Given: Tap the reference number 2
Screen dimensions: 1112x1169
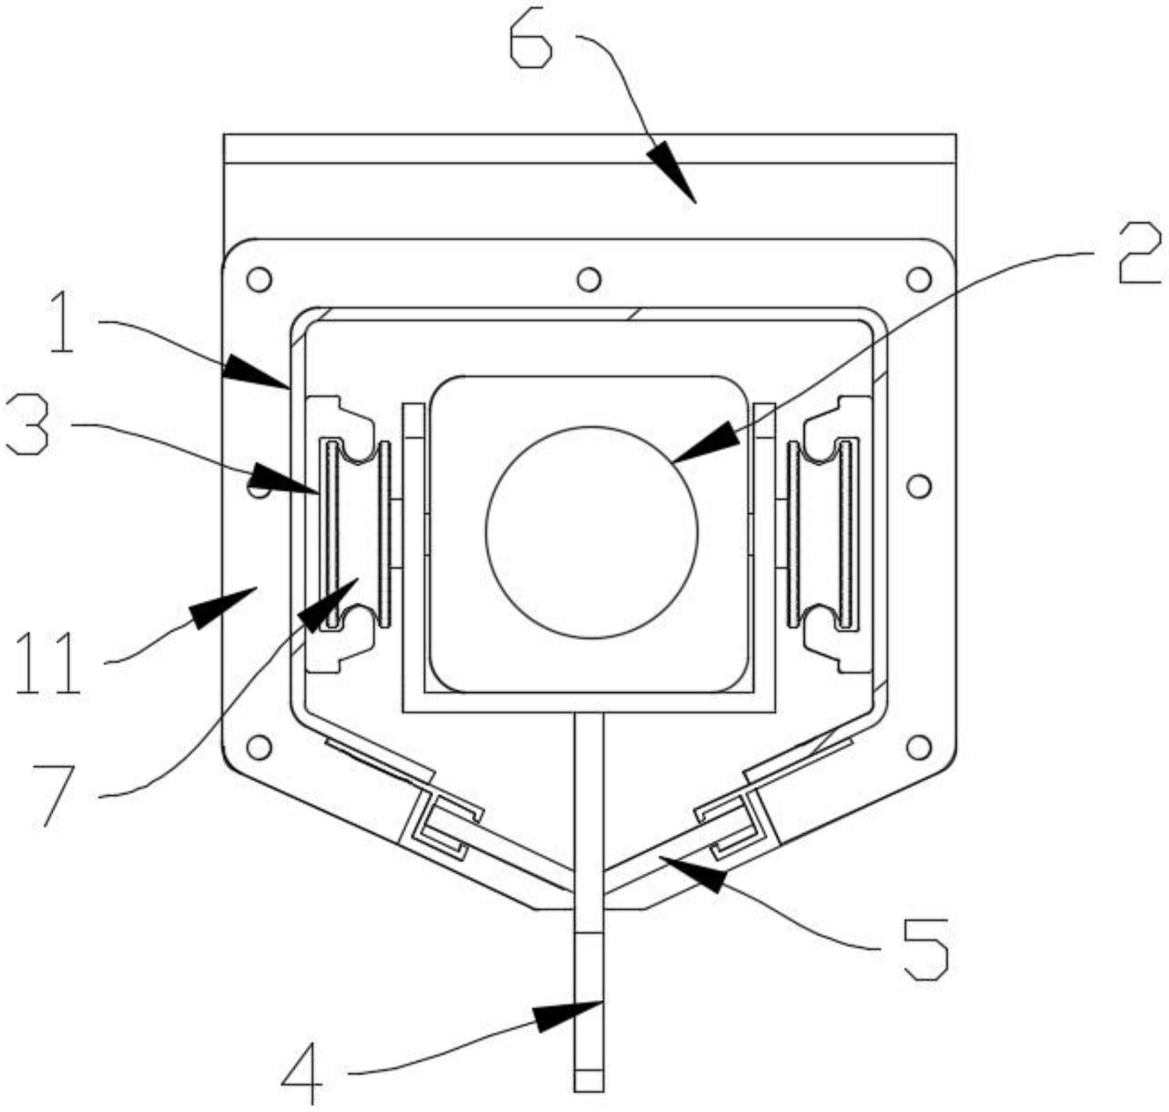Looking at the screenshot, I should tap(1139, 255).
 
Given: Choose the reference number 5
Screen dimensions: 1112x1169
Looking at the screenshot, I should tap(926, 949).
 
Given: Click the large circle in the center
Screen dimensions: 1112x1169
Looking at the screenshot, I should tap(591, 532).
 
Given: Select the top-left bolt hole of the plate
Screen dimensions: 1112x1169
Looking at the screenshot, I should tap(259, 279).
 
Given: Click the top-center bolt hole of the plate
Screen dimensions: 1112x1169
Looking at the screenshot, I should tap(589, 279).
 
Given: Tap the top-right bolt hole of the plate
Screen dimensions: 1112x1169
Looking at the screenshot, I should tap(918, 279).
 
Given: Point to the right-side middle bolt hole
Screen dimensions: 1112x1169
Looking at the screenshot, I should tap(918, 486).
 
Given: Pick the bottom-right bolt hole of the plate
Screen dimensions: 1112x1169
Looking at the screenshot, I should tap(918, 747).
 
